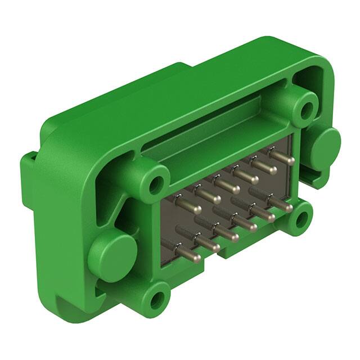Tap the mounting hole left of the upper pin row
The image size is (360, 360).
(x=156, y=184)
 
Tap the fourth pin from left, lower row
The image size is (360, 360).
(x=243, y=223)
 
